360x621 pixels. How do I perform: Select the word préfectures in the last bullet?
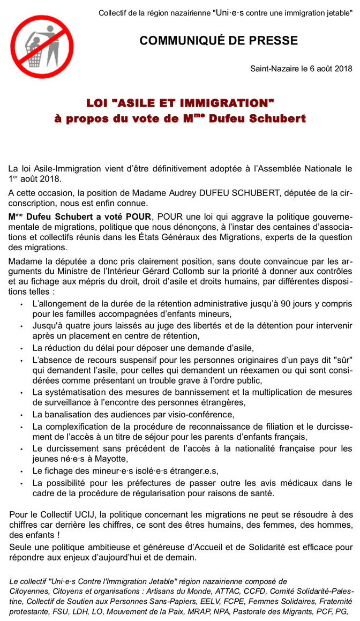coord(140,482)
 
